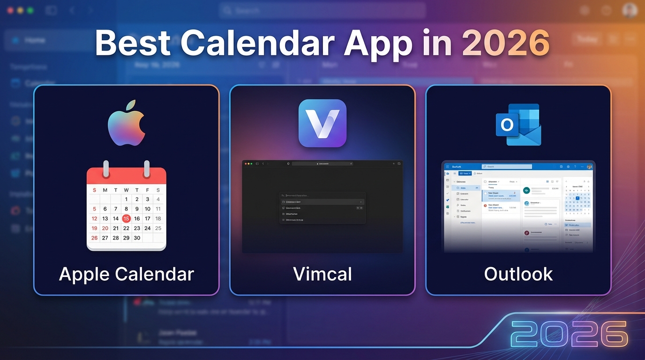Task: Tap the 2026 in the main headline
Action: [x=505, y=43]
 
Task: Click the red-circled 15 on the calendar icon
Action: [x=126, y=218]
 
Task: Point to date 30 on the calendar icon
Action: [x=137, y=238]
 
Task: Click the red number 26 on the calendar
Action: [x=94, y=238]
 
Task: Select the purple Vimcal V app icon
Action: [x=322, y=123]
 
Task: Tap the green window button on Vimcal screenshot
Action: [x=251, y=164]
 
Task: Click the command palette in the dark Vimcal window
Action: [x=322, y=207]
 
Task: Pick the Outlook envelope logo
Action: [x=518, y=124]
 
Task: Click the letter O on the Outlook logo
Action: [x=507, y=125]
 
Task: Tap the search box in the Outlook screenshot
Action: [x=507, y=166]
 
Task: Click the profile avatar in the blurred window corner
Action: [x=630, y=10]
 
